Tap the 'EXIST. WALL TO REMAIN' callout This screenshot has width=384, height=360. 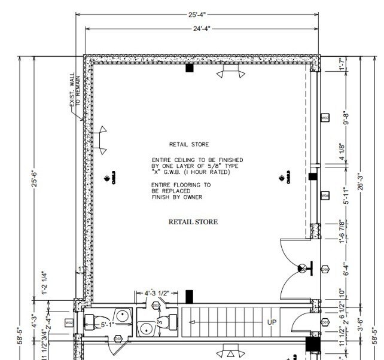click(x=72, y=100)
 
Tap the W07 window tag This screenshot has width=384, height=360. click(x=325, y=119)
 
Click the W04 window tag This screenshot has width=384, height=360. click(x=325, y=196)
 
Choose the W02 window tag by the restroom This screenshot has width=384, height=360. click(x=69, y=324)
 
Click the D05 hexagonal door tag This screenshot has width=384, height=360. click(x=325, y=269)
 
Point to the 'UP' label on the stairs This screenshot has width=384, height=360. click(x=272, y=322)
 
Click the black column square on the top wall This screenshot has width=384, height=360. click(x=190, y=68)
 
